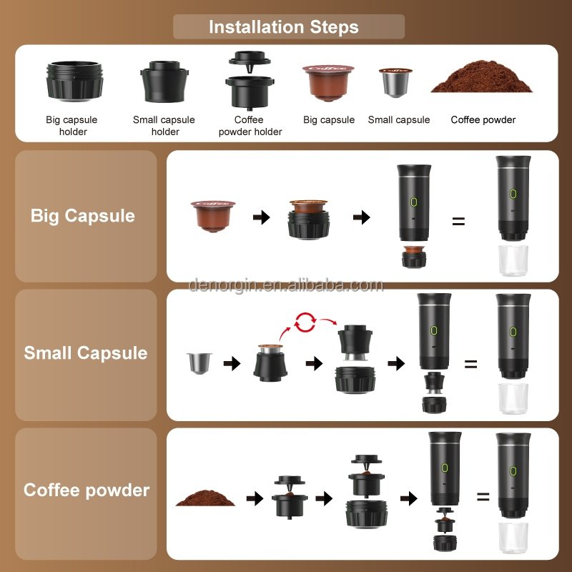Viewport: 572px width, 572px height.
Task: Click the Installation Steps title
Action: [x=284, y=27]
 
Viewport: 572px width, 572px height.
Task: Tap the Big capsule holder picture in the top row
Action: [x=75, y=79]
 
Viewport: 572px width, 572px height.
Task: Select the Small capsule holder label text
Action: [x=164, y=125]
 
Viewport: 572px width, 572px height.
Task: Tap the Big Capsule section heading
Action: [x=83, y=216]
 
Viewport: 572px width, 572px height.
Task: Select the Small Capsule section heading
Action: [x=86, y=353]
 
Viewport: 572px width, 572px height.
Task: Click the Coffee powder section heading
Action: [x=87, y=490]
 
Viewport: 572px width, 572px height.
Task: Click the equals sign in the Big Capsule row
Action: [x=458, y=222]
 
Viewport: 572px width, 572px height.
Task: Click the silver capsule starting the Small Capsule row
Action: [x=196, y=363]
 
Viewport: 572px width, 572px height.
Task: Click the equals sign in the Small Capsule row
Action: [x=470, y=364]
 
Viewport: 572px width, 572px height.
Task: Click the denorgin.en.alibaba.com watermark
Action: [x=286, y=286]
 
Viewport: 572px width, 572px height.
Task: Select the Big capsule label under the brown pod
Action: [x=329, y=119]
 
